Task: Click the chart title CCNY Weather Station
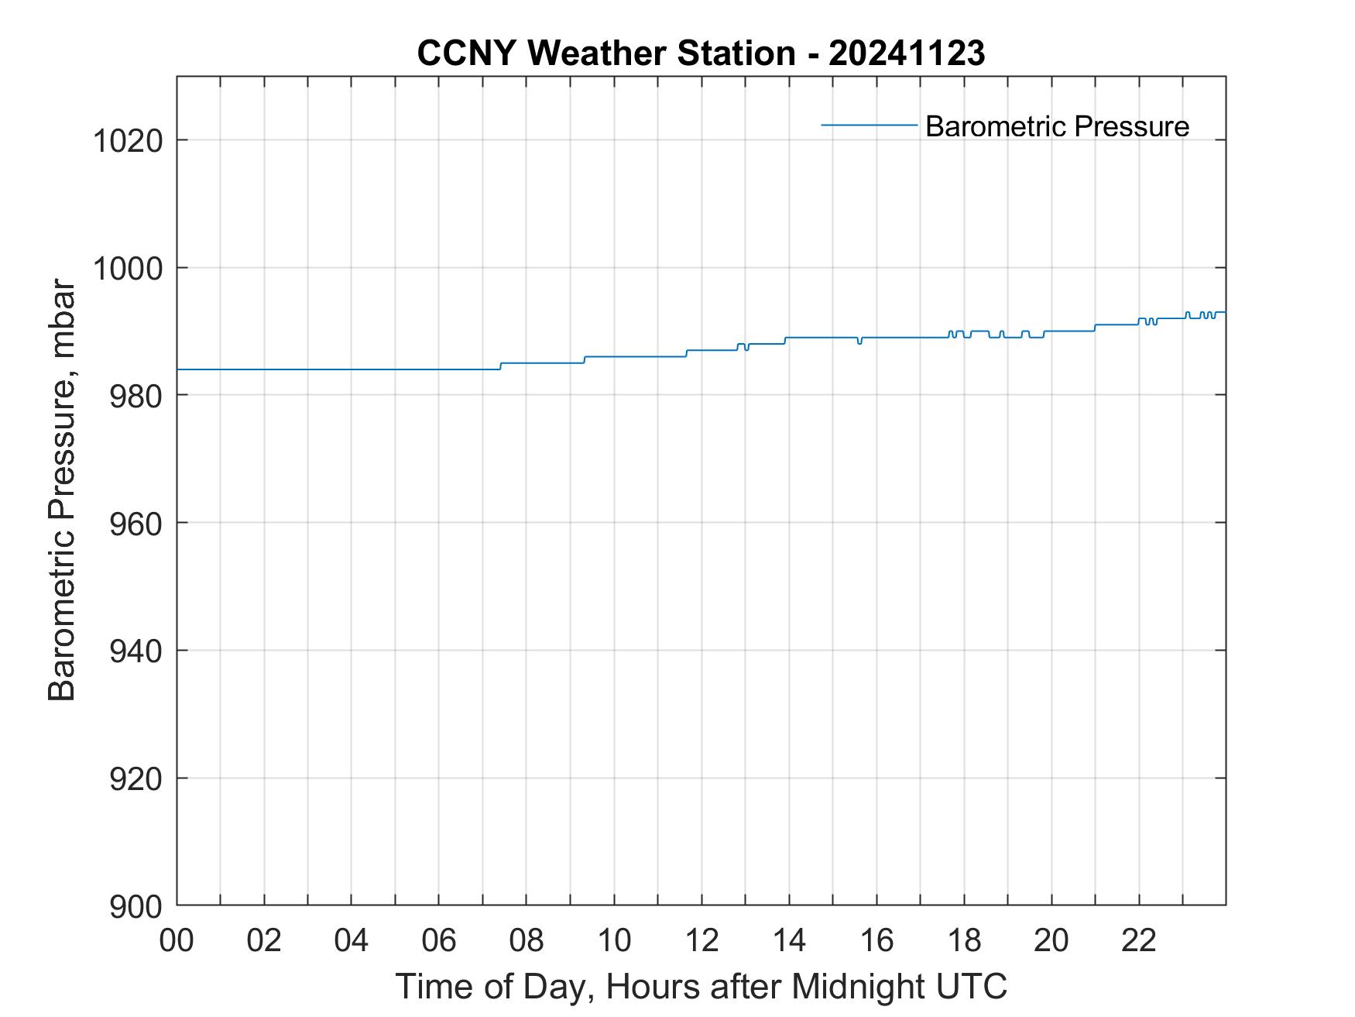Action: pos(605,53)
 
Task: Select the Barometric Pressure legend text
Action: pos(1057,126)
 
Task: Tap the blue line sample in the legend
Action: pos(869,124)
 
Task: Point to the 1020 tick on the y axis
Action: pos(128,141)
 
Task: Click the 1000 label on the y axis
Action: pos(128,269)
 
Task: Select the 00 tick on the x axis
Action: pos(177,940)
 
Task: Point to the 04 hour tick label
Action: pos(352,940)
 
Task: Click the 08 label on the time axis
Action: pos(527,940)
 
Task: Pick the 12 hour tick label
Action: pos(702,940)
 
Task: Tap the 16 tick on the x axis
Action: pos(876,940)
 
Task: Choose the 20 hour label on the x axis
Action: pos(1051,940)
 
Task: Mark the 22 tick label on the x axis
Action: pos(1139,940)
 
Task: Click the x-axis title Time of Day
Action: pos(701,986)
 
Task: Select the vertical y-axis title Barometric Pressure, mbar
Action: pos(62,490)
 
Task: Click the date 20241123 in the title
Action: pos(907,53)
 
